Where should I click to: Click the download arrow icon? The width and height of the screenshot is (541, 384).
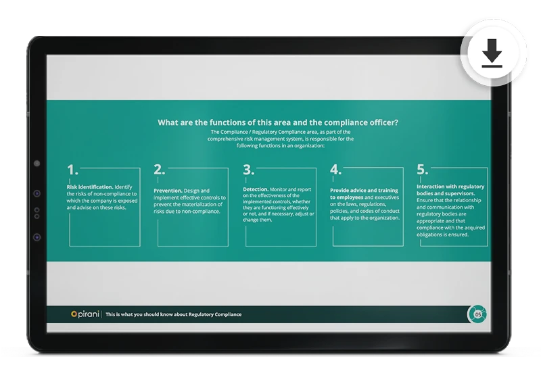coord(492,53)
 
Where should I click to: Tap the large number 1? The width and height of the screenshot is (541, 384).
coord(72,170)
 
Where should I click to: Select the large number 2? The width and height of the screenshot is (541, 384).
coord(160,170)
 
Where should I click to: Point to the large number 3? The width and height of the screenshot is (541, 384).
coord(248,170)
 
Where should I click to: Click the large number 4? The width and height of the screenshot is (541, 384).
coord(335,170)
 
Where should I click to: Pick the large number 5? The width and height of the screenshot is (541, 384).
coord(422,169)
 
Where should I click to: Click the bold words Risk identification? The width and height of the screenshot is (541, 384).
coord(90,187)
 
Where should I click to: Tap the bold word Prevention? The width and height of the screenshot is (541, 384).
coord(168,191)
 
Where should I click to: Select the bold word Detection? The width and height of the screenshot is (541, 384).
coord(256,189)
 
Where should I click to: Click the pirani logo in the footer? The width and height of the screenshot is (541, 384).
coord(85,314)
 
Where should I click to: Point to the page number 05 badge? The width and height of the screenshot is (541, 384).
coord(477,314)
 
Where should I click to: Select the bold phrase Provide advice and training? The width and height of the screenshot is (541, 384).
coord(364,191)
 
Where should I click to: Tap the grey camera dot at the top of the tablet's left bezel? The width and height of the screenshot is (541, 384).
coord(37,164)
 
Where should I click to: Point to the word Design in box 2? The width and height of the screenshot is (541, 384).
coord(192,191)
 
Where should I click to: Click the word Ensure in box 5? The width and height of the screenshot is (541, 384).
coord(425,201)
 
